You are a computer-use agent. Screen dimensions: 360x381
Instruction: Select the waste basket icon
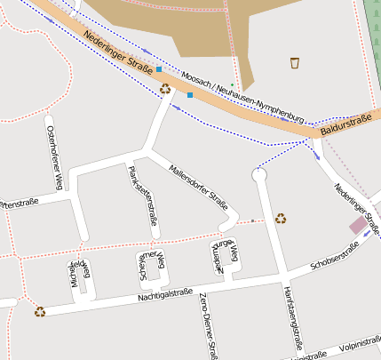click(295, 62)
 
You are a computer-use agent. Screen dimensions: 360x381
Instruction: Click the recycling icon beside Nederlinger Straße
click(165, 88)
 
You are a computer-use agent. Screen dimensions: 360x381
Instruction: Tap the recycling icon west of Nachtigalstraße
click(40, 311)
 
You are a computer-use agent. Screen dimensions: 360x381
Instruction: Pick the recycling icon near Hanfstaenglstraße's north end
click(281, 218)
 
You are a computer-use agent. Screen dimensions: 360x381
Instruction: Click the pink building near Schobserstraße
click(358, 225)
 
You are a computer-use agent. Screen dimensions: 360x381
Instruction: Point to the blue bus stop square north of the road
click(159, 69)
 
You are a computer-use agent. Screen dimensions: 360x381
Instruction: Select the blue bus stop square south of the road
click(190, 95)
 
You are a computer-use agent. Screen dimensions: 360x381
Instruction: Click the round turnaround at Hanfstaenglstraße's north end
click(259, 176)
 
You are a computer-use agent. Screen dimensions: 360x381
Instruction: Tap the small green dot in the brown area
click(232, 84)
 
